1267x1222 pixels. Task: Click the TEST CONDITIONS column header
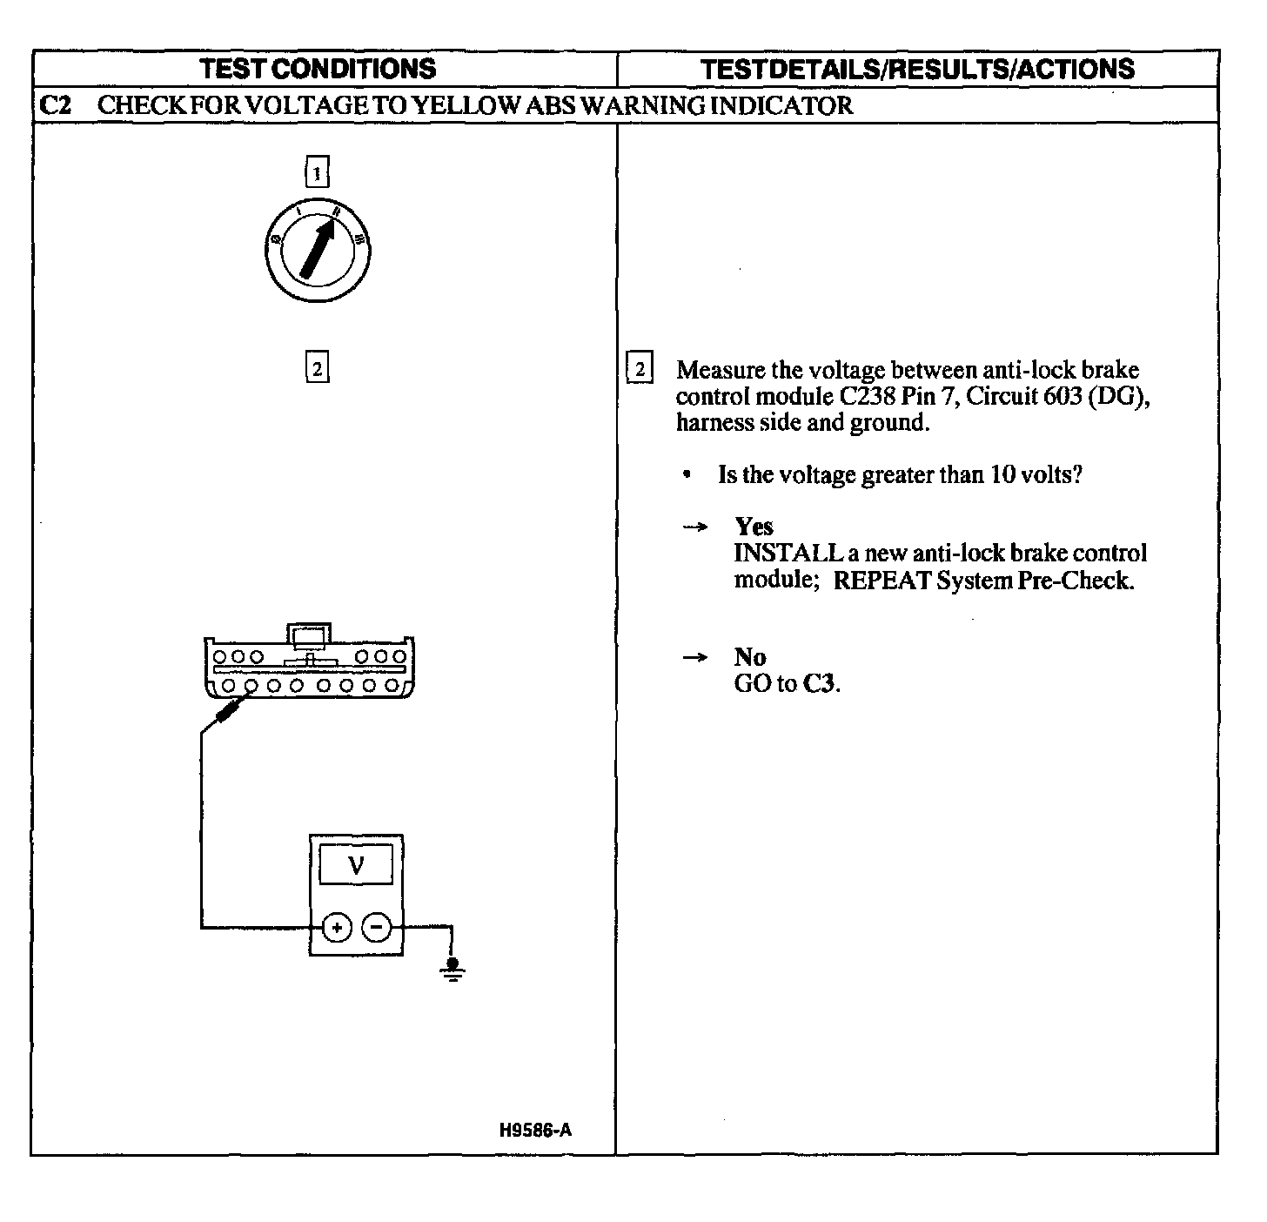pos(318,69)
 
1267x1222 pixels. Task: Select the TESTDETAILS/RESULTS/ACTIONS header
pos(917,69)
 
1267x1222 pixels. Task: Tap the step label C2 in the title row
pos(55,105)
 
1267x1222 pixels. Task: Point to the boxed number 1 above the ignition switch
pos(317,172)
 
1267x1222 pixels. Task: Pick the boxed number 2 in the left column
pos(317,368)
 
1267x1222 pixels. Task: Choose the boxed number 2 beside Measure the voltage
pos(640,369)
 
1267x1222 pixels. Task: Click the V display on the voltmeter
pos(356,865)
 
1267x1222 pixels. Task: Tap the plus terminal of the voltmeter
pos(337,928)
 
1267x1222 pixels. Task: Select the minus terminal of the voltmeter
pos(376,928)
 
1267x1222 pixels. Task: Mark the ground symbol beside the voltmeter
pos(452,968)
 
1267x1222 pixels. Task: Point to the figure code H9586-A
pos(535,1131)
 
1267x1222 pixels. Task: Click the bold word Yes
pos(754,527)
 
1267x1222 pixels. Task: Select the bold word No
pos(749,657)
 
